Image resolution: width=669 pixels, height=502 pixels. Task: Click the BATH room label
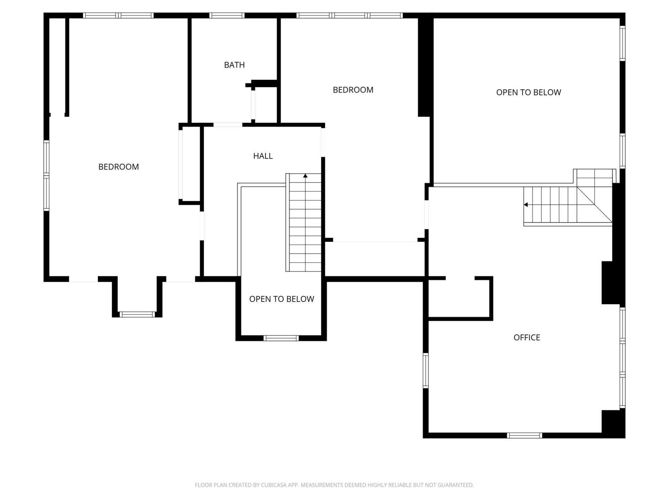pos(234,65)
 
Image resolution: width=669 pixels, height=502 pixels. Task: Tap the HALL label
pos(263,156)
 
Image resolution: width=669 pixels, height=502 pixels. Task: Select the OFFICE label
pos(526,337)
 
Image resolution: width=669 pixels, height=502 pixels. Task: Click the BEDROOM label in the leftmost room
pos(118,167)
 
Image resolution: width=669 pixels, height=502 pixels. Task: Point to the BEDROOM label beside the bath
pos(353,90)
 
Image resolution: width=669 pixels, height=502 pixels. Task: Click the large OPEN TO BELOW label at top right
pos(529,92)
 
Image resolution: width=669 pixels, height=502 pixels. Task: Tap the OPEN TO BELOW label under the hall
pos(282,299)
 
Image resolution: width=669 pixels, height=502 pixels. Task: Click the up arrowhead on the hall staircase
pos(305,176)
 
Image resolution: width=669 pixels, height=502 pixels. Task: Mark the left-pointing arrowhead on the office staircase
pos(526,205)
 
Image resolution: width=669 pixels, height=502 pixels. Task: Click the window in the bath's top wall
pos(227,15)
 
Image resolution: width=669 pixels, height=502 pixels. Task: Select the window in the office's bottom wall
pos(524,435)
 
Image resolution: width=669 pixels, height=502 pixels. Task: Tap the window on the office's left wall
pos(425,371)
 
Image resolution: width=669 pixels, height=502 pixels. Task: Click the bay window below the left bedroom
pos(137,314)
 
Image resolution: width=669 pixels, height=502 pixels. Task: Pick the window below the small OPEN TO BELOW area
pos(281,338)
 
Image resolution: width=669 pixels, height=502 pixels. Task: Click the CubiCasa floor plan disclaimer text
pos(334,485)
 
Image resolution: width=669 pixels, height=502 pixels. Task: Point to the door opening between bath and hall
pos(228,125)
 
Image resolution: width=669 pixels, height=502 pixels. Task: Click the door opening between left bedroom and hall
pos(202,226)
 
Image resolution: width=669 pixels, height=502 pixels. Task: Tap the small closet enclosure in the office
pos(460,298)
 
